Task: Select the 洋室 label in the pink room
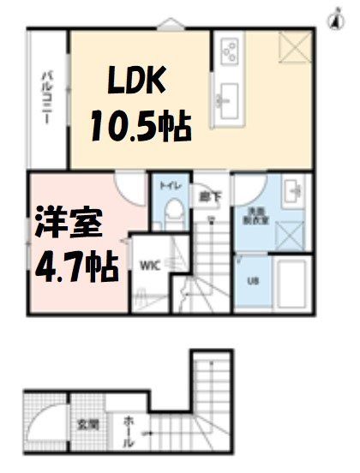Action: click(69, 224)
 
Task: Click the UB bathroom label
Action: click(252, 280)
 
